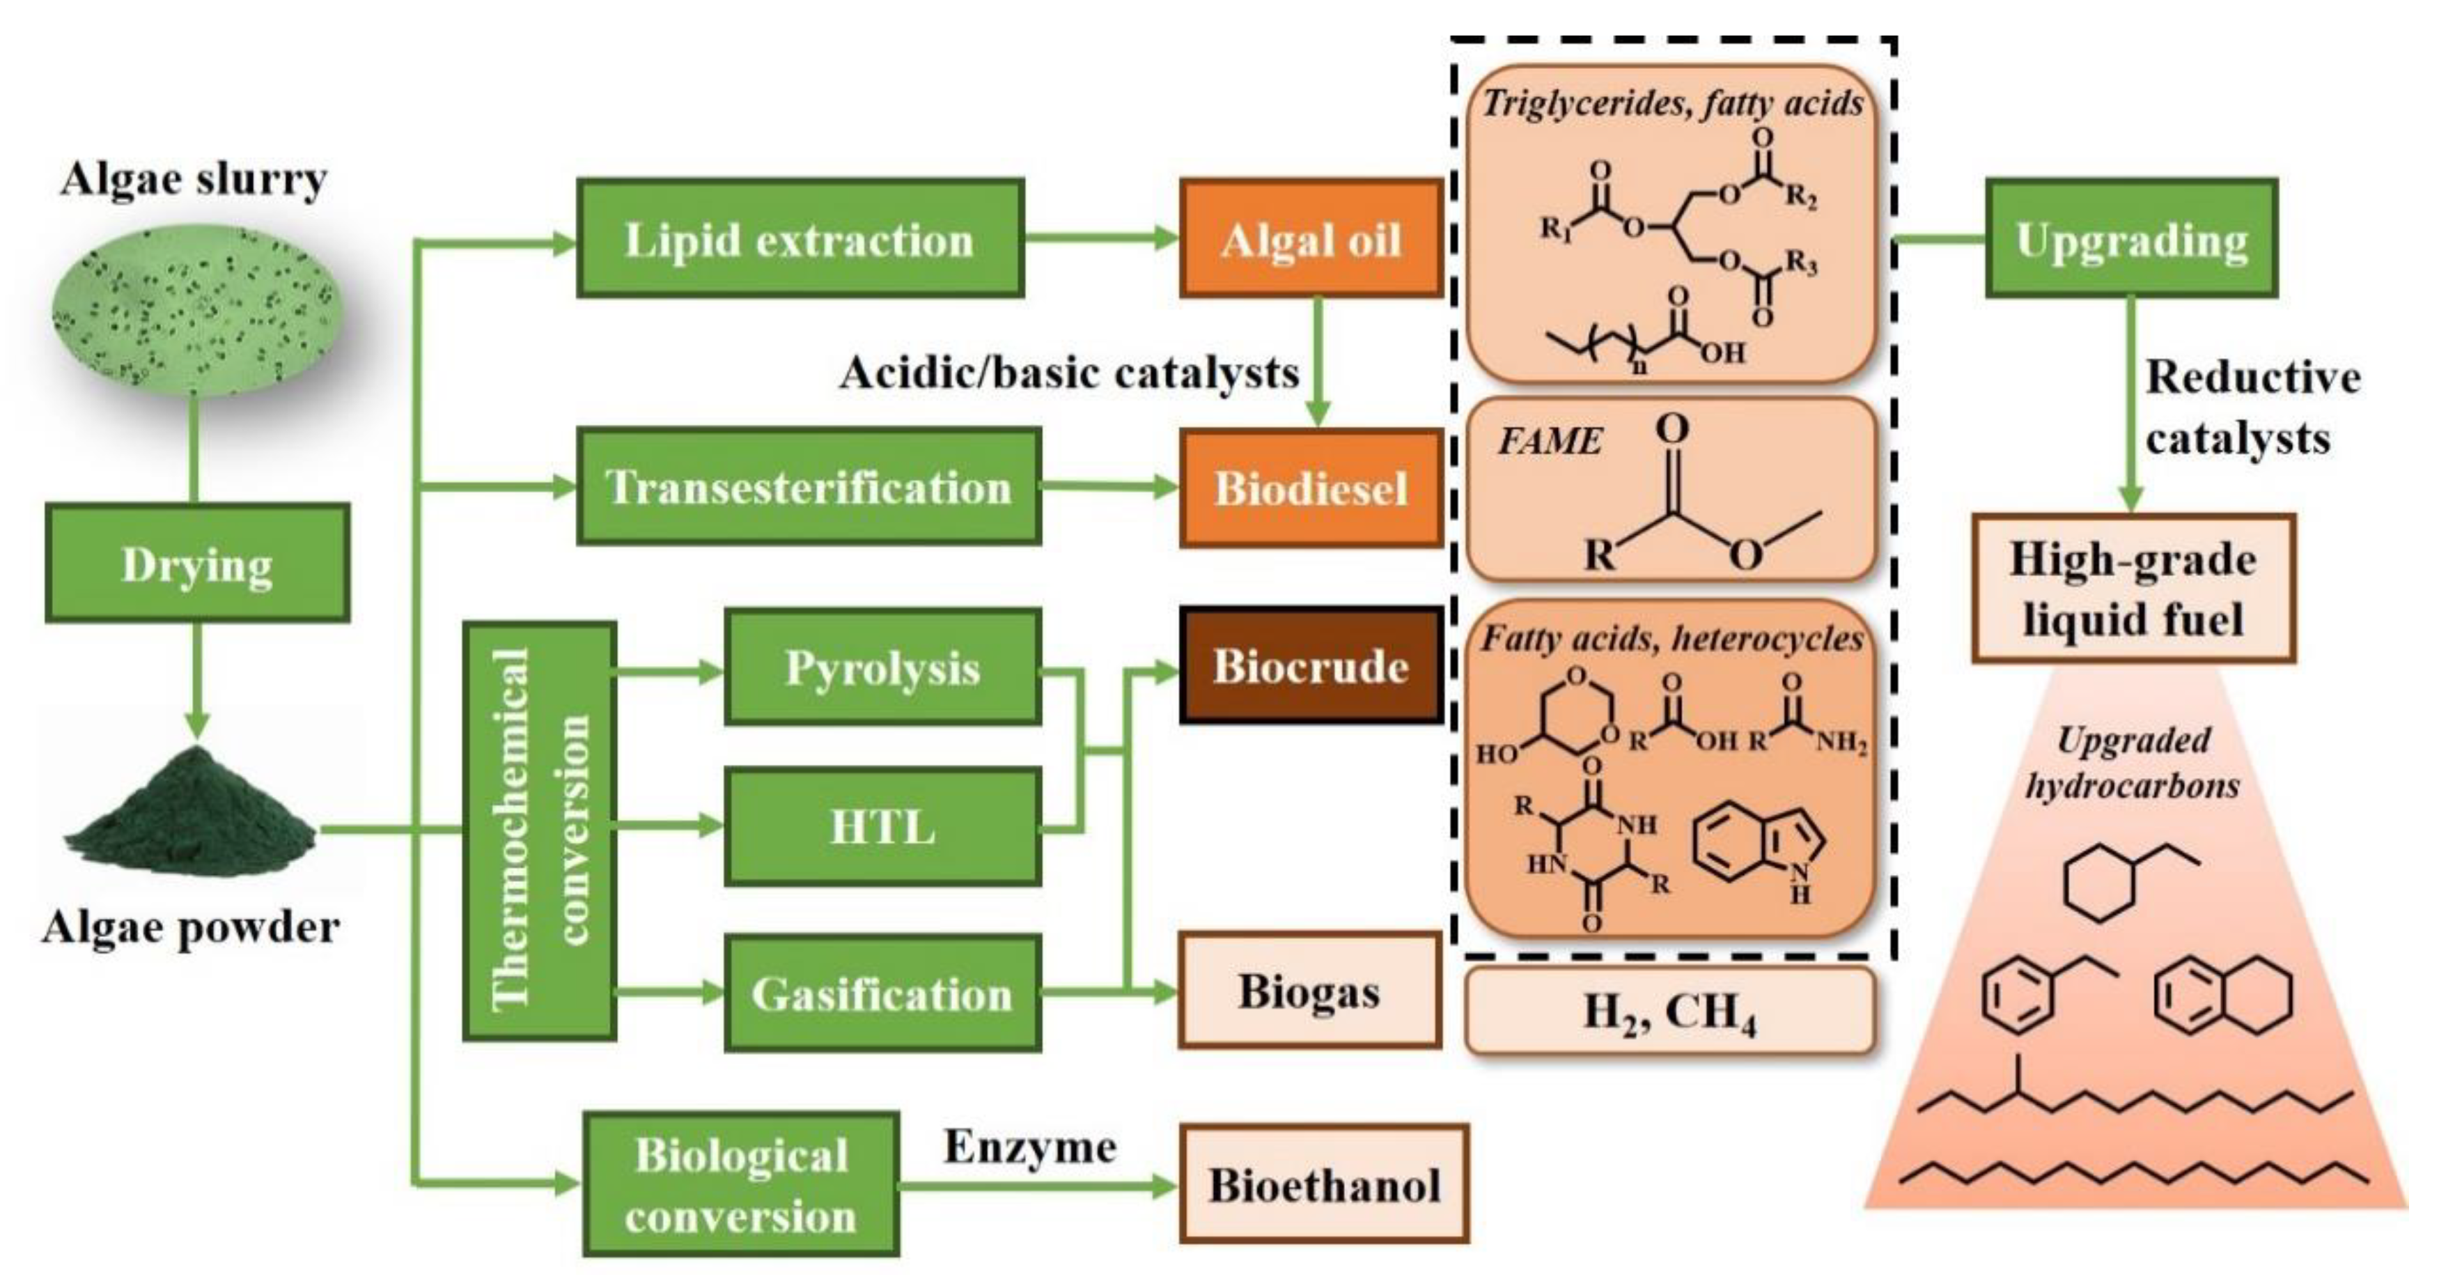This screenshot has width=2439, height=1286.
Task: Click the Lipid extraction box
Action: click(800, 239)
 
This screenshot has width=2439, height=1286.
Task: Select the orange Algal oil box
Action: click(1311, 239)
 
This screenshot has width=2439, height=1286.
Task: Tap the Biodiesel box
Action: click(1311, 488)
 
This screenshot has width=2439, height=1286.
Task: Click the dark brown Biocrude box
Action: click(1311, 666)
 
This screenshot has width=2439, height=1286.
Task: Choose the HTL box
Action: click(882, 827)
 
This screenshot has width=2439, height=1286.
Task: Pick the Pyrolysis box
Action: click(882, 667)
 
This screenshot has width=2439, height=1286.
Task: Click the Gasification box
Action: click(882, 993)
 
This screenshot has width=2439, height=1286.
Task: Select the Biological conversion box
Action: click(741, 1185)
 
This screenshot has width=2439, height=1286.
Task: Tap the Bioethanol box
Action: click(1324, 1185)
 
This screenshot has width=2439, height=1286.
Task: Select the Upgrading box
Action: click(2131, 239)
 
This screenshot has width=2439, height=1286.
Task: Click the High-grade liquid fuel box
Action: click(2133, 588)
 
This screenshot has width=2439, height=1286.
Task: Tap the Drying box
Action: click(197, 564)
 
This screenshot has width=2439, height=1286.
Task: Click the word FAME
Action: click(1549, 441)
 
